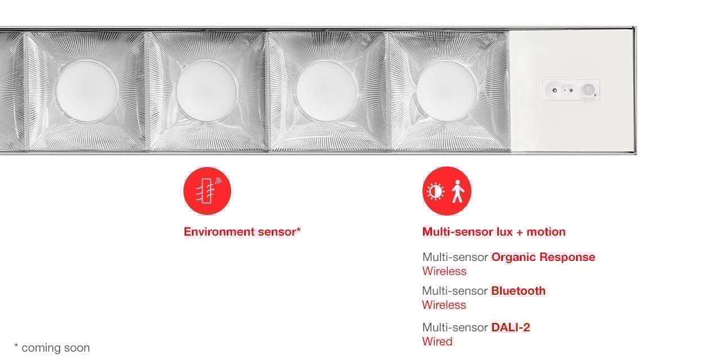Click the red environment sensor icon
(x=208, y=191)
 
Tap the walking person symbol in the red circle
(x=458, y=191)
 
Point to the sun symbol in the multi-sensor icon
(x=435, y=192)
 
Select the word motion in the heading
(x=546, y=232)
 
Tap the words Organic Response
(x=543, y=257)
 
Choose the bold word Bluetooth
(x=519, y=291)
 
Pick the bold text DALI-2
(x=510, y=327)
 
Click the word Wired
(x=437, y=341)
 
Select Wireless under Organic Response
(x=444, y=271)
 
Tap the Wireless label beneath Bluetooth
(x=444, y=305)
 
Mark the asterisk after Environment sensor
(x=299, y=229)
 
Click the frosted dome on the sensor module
(x=589, y=89)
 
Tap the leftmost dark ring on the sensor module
(x=555, y=91)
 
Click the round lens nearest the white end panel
(x=447, y=91)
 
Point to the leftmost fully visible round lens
(x=86, y=91)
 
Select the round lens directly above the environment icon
(x=206, y=91)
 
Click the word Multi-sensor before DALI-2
(x=455, y=327)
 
